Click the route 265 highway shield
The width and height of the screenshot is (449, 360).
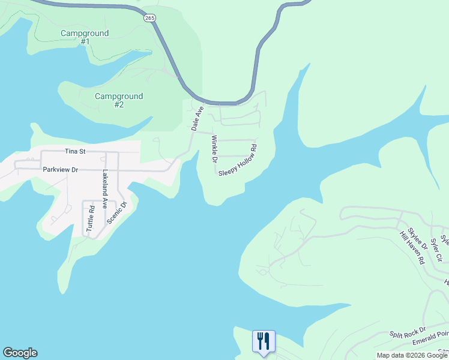[x=149, y=19]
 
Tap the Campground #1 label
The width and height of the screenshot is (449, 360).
[x=85, y=37]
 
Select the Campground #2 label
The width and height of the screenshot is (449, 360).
[x=119, y=100]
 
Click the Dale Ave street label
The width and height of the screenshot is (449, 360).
[x=197, y=118]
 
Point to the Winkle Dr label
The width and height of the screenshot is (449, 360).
[x=213, y=149]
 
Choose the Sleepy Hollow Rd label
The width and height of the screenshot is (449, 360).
[x=238, y=160]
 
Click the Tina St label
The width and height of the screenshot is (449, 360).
[x=76, y=152]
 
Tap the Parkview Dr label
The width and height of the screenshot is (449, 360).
[x=61, y=170]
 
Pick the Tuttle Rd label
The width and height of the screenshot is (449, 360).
[x=91, y=219]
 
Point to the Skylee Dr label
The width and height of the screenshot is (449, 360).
[x=417, y=238]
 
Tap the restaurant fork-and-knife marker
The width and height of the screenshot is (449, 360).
[x=264, y=341]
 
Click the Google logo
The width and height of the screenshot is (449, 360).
[x=20, y=353]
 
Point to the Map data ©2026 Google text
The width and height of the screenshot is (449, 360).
[x=412, y=355]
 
